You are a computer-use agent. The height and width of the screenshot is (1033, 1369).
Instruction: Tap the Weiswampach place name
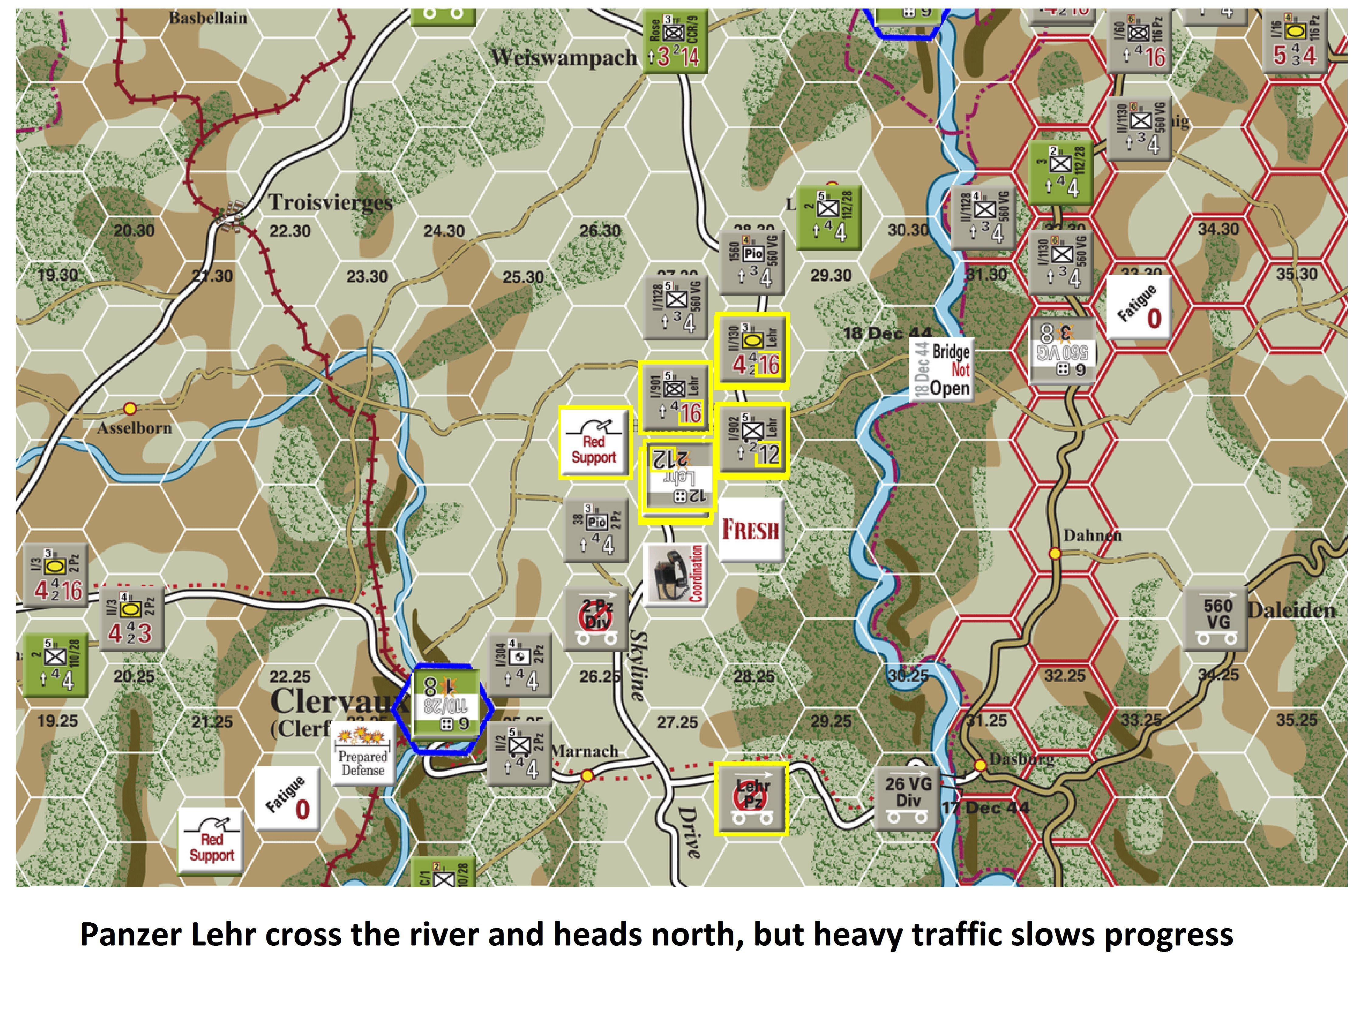pos(563,57)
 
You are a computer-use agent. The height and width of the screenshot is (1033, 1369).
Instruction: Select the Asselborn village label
pos(134,427)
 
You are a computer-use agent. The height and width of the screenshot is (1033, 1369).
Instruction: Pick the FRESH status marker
pos(750,530)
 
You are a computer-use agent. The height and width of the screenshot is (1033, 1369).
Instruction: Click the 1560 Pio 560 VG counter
pos(752,263)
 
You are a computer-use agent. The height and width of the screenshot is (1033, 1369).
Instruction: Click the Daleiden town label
pos(1292,611)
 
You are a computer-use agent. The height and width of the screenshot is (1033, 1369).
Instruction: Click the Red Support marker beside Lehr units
pos(594,442)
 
